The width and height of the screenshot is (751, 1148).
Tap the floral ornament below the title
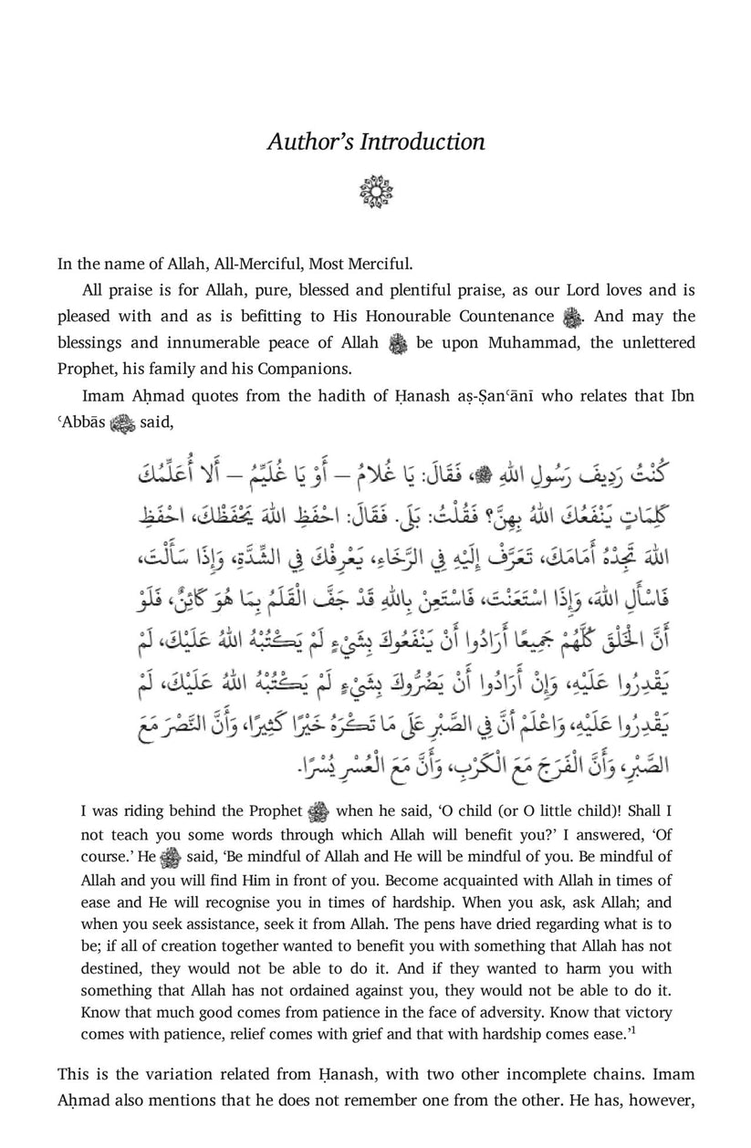pos(375,193)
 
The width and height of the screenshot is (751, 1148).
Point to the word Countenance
pos(496,317)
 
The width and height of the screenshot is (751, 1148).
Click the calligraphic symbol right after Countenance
pos(572,318)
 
